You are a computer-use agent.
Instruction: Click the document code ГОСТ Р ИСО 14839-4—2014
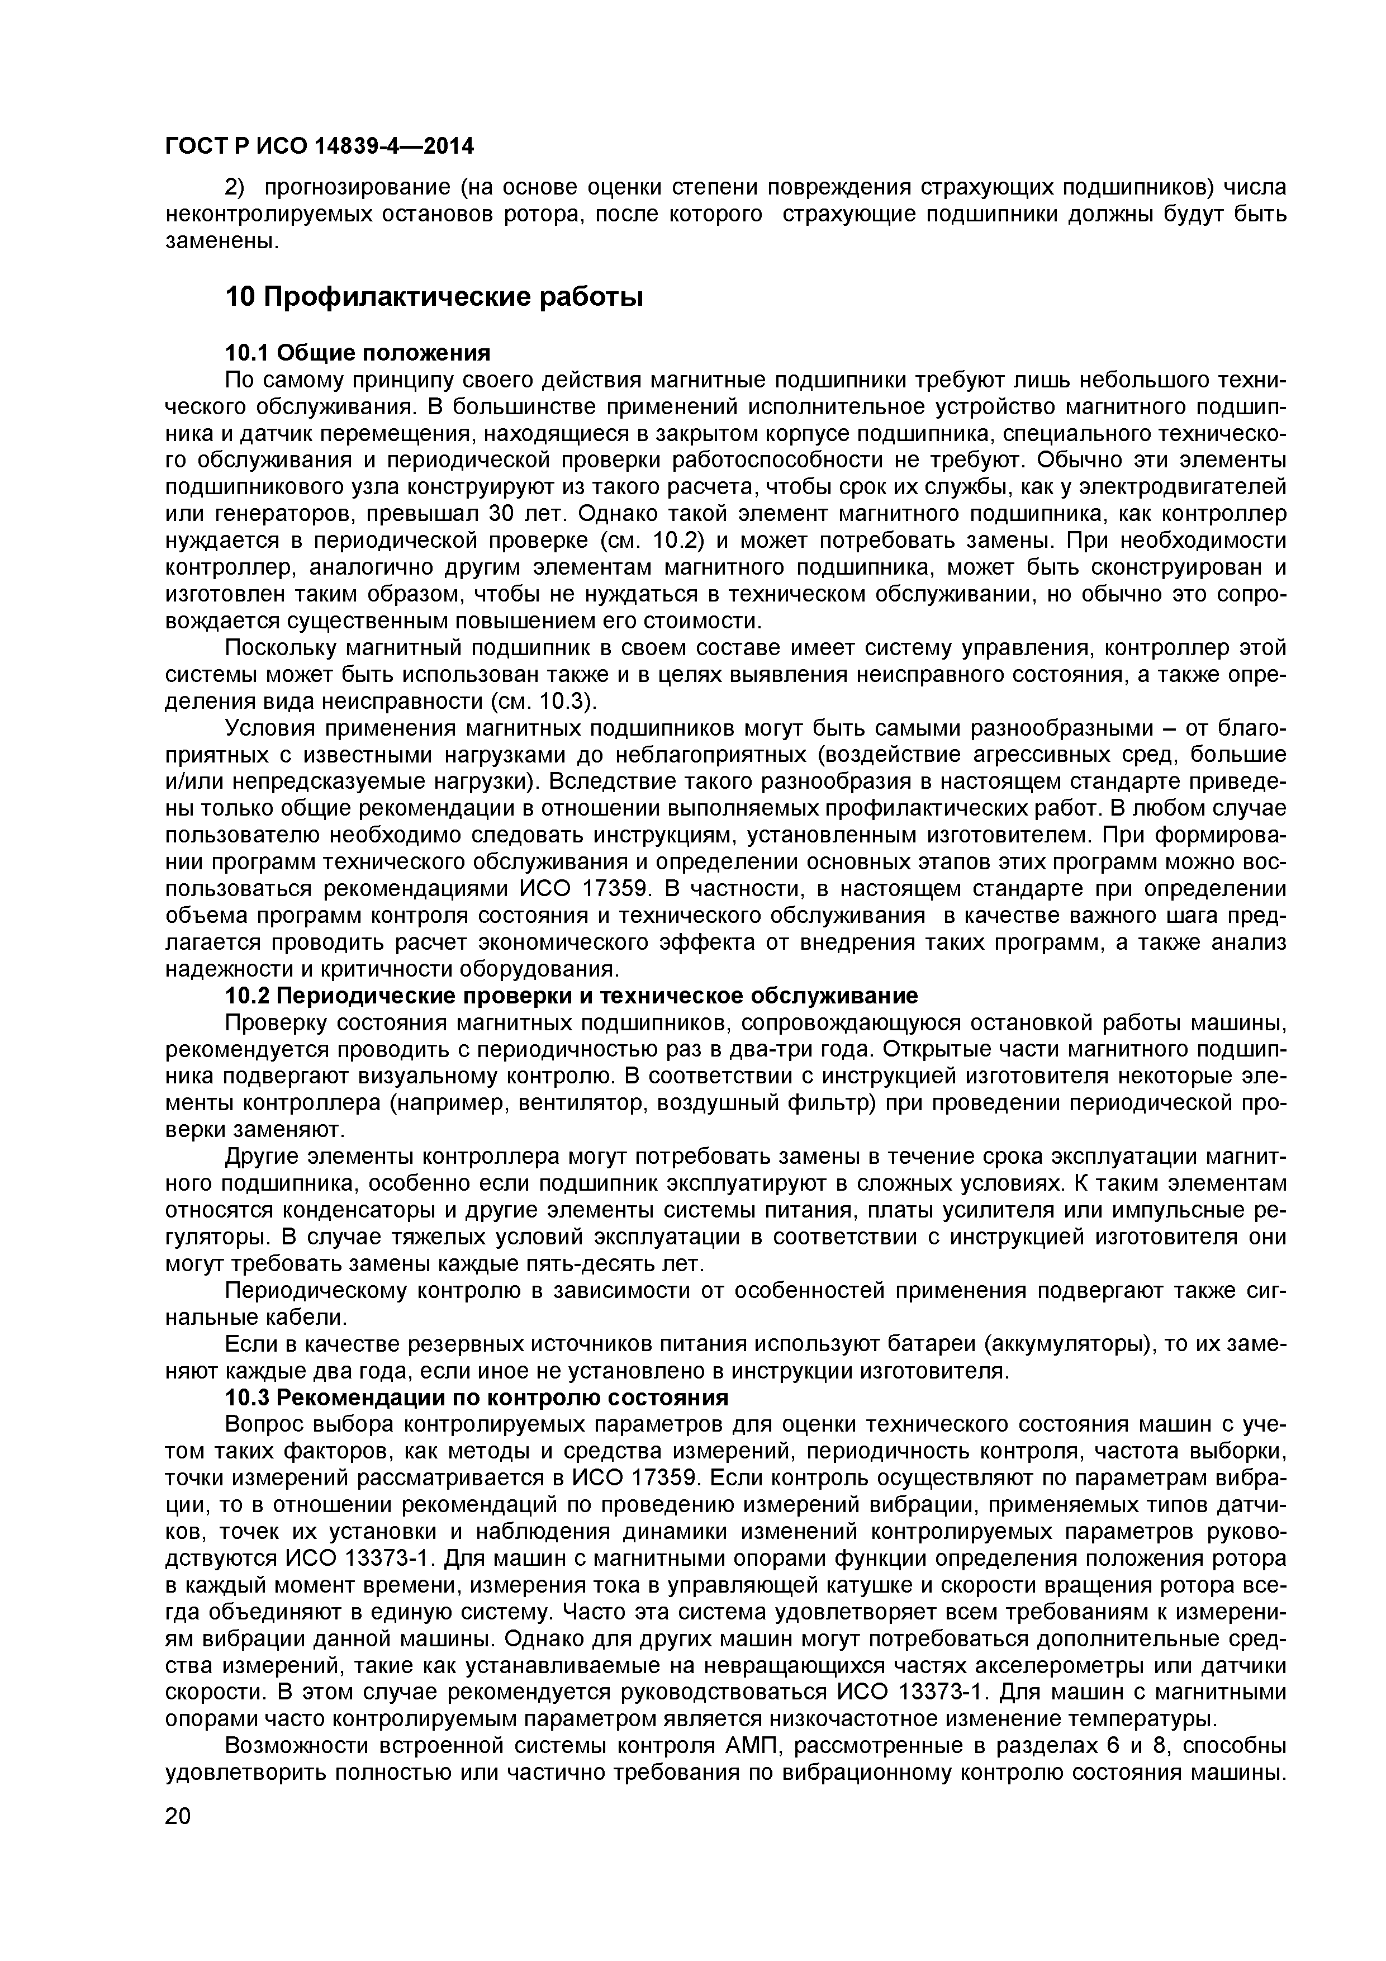tap(319, 147)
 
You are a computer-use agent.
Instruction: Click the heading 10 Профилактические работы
tap(434, 297)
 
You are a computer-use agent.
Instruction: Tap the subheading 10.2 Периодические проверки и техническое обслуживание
tap(571, 996)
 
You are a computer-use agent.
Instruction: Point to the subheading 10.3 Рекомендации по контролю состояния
tap(477, 1398)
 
